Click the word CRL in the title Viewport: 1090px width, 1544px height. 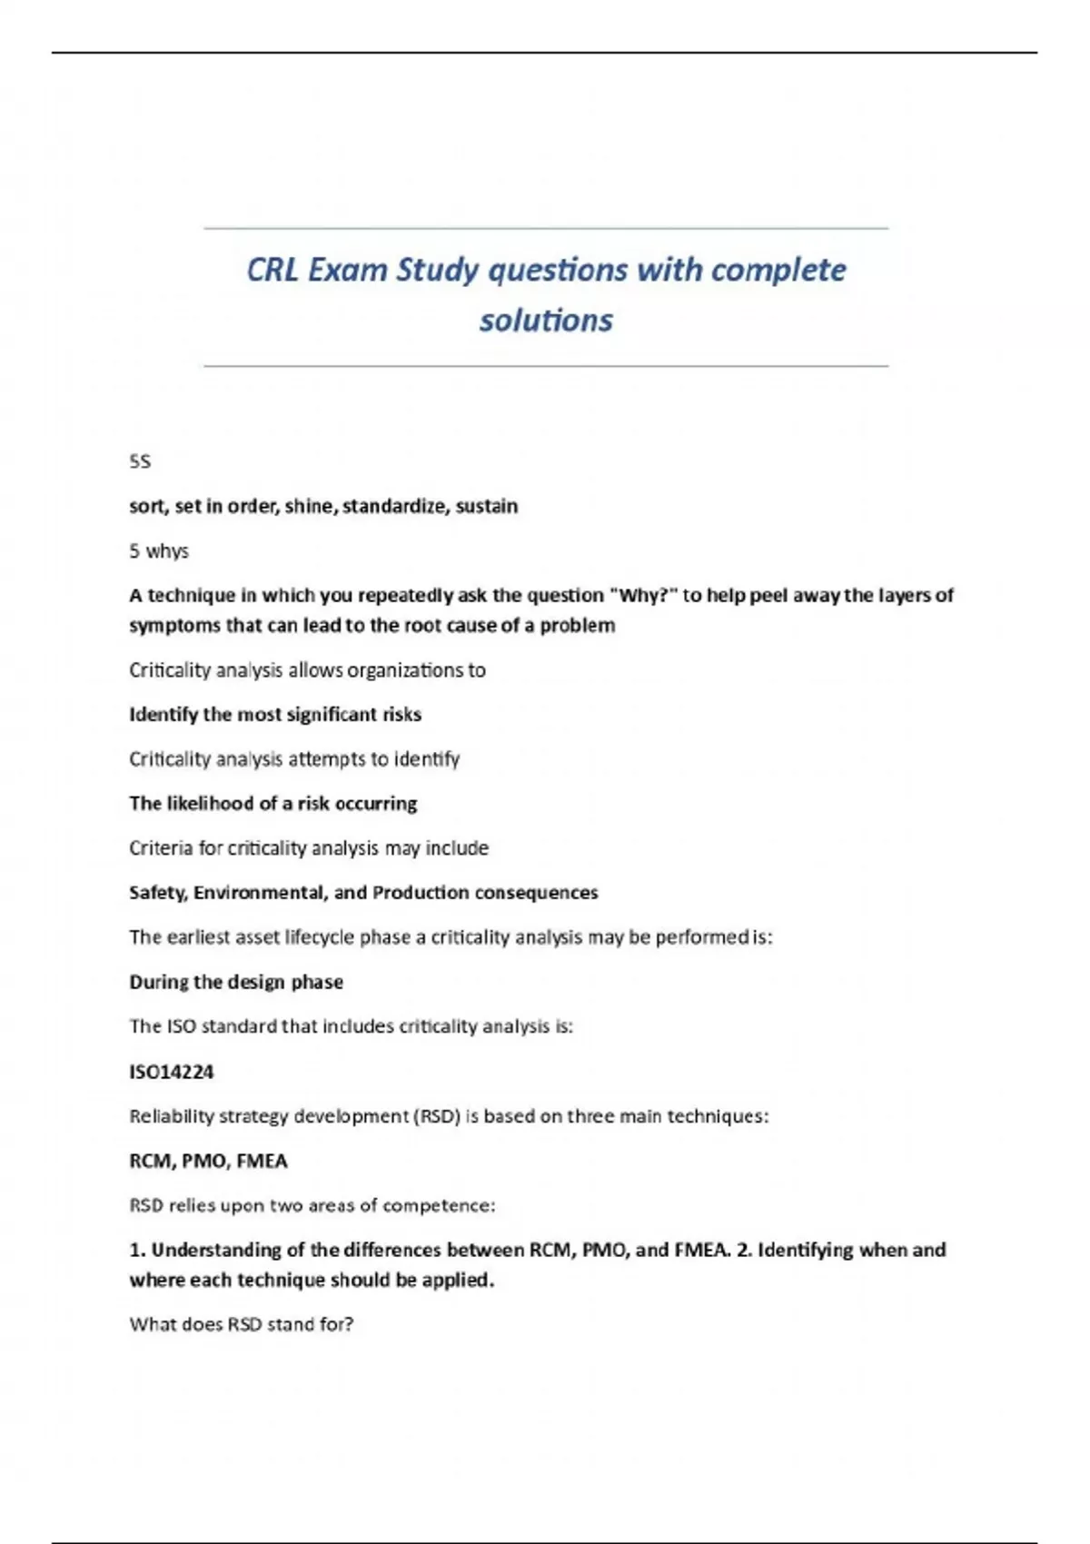(272, 270)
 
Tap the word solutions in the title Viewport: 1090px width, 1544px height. (546, 320)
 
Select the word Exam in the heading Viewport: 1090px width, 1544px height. (348, 270)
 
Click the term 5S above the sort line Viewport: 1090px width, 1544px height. (140, 461)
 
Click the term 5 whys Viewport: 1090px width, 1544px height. (159, 550)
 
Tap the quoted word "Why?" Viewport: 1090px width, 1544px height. (642, 595)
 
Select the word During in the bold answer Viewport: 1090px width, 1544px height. (157, 982)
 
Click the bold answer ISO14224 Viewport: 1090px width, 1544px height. (172, 1072)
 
